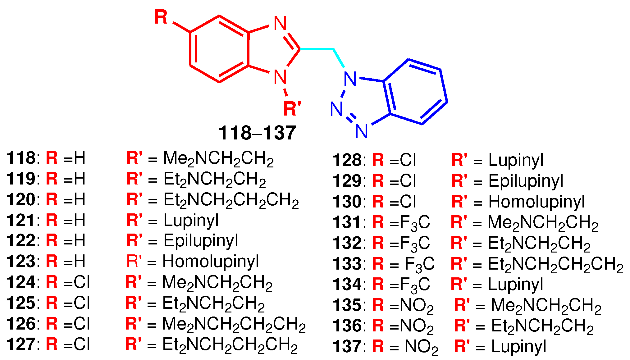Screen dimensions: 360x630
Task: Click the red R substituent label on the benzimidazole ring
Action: click(x=161, y=17)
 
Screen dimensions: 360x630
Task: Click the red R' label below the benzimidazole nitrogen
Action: click(x=292, y=109)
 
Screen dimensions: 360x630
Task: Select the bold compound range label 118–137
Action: click(x=257, y=133)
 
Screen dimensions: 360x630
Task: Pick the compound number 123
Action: click(x=21, y=261)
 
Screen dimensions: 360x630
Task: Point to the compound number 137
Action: click(x=347, y=346)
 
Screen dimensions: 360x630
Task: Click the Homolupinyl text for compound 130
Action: click(x=536, y=202)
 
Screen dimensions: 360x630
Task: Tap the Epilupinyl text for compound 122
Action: click(x=201, y=241)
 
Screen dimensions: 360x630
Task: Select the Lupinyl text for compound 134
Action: click(x=515, y=284)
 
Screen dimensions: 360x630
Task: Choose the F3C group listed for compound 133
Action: click(x=419, y=264)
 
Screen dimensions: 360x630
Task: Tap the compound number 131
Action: click(x=347, y=222)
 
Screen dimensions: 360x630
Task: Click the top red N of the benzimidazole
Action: click(x=280, y=23)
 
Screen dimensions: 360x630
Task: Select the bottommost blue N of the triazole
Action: click(x=362, y=131)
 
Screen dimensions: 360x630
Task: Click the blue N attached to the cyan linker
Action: click(x=350, y=79)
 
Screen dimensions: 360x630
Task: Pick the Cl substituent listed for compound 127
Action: click(x=82, y=344)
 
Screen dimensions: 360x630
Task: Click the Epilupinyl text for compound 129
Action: click(x=526, y=181)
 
